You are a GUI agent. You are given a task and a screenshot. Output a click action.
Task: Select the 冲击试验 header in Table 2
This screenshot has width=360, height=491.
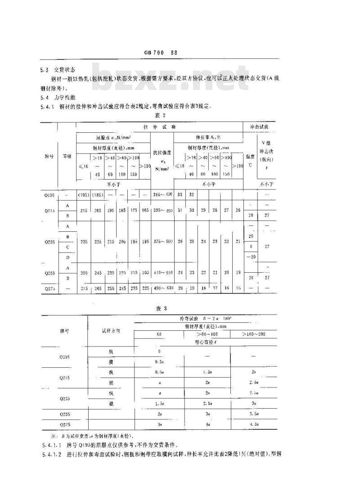[260, 127]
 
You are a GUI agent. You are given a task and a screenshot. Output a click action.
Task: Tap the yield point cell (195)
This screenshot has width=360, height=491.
[84, 194]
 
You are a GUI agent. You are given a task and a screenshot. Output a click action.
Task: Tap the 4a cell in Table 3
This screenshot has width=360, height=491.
[207, 423]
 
